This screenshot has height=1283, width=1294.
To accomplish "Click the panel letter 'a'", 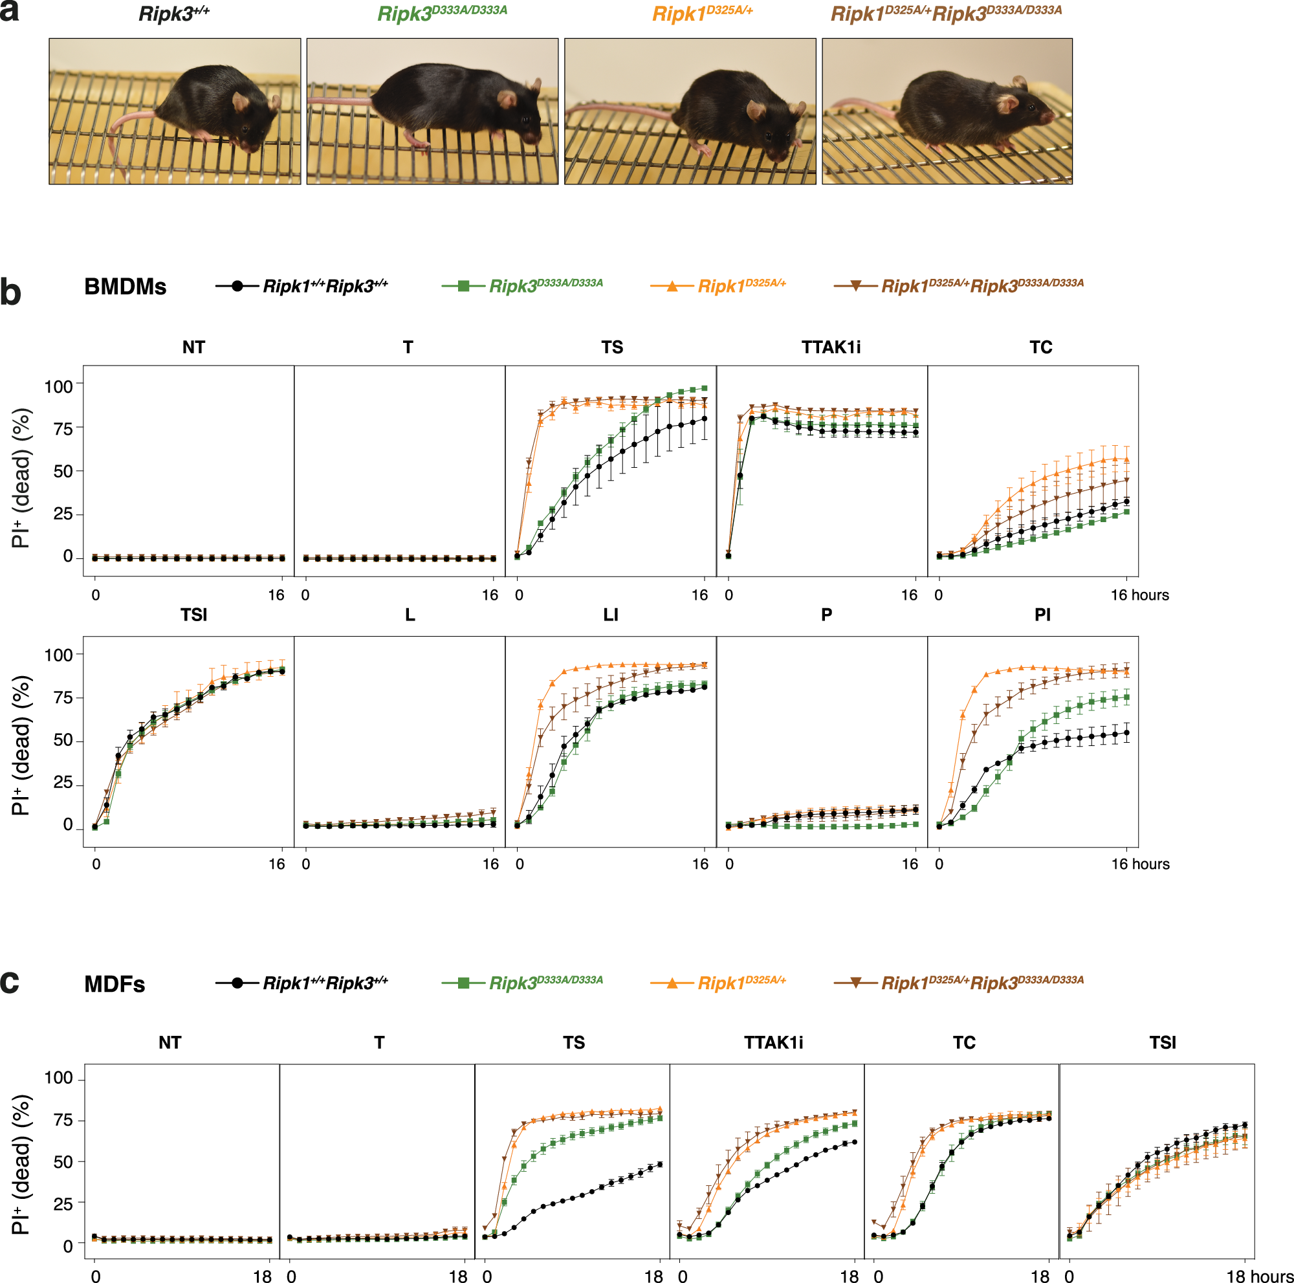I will coord(9,12).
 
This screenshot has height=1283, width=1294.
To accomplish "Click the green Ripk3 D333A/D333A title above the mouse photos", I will coord(442,14).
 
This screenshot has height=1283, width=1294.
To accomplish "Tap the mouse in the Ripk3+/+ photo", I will coord(214,107).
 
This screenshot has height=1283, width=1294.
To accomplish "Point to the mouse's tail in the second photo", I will coord(338,101).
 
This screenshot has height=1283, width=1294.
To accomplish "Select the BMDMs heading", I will coord(126,287).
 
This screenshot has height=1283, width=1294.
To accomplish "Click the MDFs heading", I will coord(115,983).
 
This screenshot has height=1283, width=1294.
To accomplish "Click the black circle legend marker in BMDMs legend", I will coord(237,286).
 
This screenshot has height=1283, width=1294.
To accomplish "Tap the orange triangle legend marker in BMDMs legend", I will coord(672,286).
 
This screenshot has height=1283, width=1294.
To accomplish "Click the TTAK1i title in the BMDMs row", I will coord(831,347).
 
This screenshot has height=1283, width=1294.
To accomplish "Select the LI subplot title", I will coord(610,615).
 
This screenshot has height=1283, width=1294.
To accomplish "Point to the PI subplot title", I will coord(1042,615).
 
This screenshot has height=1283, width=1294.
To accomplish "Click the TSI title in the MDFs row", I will coord(1162,1042).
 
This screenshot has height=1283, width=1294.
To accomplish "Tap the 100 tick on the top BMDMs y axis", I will coord(58,386).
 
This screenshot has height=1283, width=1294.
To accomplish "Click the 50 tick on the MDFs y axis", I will coord(63,1162).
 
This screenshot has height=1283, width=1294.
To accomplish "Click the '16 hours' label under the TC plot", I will coord(1139,595).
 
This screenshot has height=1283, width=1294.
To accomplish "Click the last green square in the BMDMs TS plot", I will coord(705,388).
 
